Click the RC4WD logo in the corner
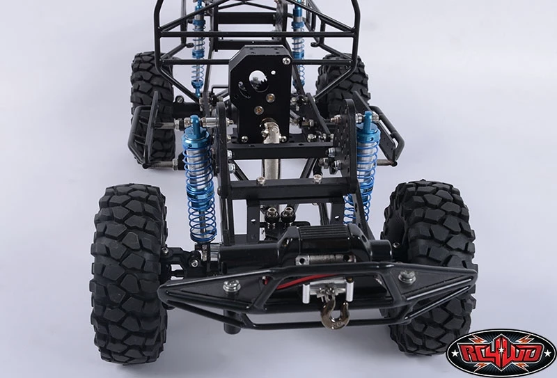(x=501, y=353)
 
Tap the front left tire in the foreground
(x=128, y=274)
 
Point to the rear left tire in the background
(x=152, y=107)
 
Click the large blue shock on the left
(x=199, y=181)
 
